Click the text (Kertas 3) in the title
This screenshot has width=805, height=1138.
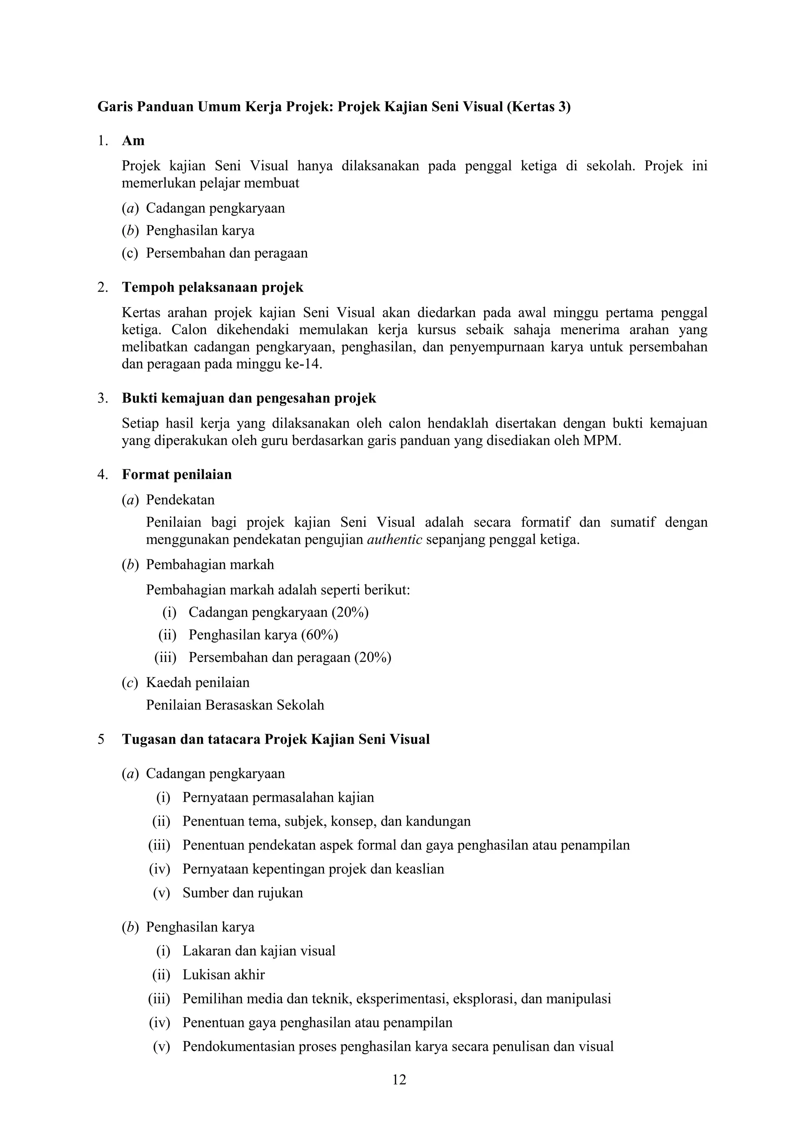(x=539, y=107)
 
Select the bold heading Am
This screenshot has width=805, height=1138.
(x=133, y=141)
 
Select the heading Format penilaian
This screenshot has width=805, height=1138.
(x=177, y=475)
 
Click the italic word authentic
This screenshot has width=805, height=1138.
(x=395, y=540)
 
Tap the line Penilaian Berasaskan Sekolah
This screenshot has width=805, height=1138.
(x=235, y=705)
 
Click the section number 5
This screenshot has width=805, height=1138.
(x=101, y=739)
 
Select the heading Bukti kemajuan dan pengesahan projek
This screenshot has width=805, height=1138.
(x=249, y=399)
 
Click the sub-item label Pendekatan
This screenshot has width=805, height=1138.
(x=180, y=500)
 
